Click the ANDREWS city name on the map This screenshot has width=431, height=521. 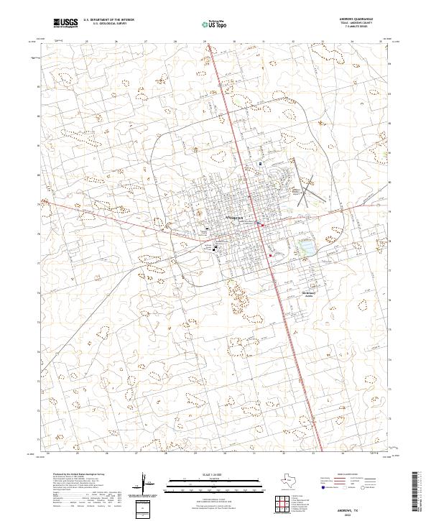(234, 217)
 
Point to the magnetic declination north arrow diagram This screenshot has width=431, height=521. (144, 483)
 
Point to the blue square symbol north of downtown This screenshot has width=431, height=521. (260, 164)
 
